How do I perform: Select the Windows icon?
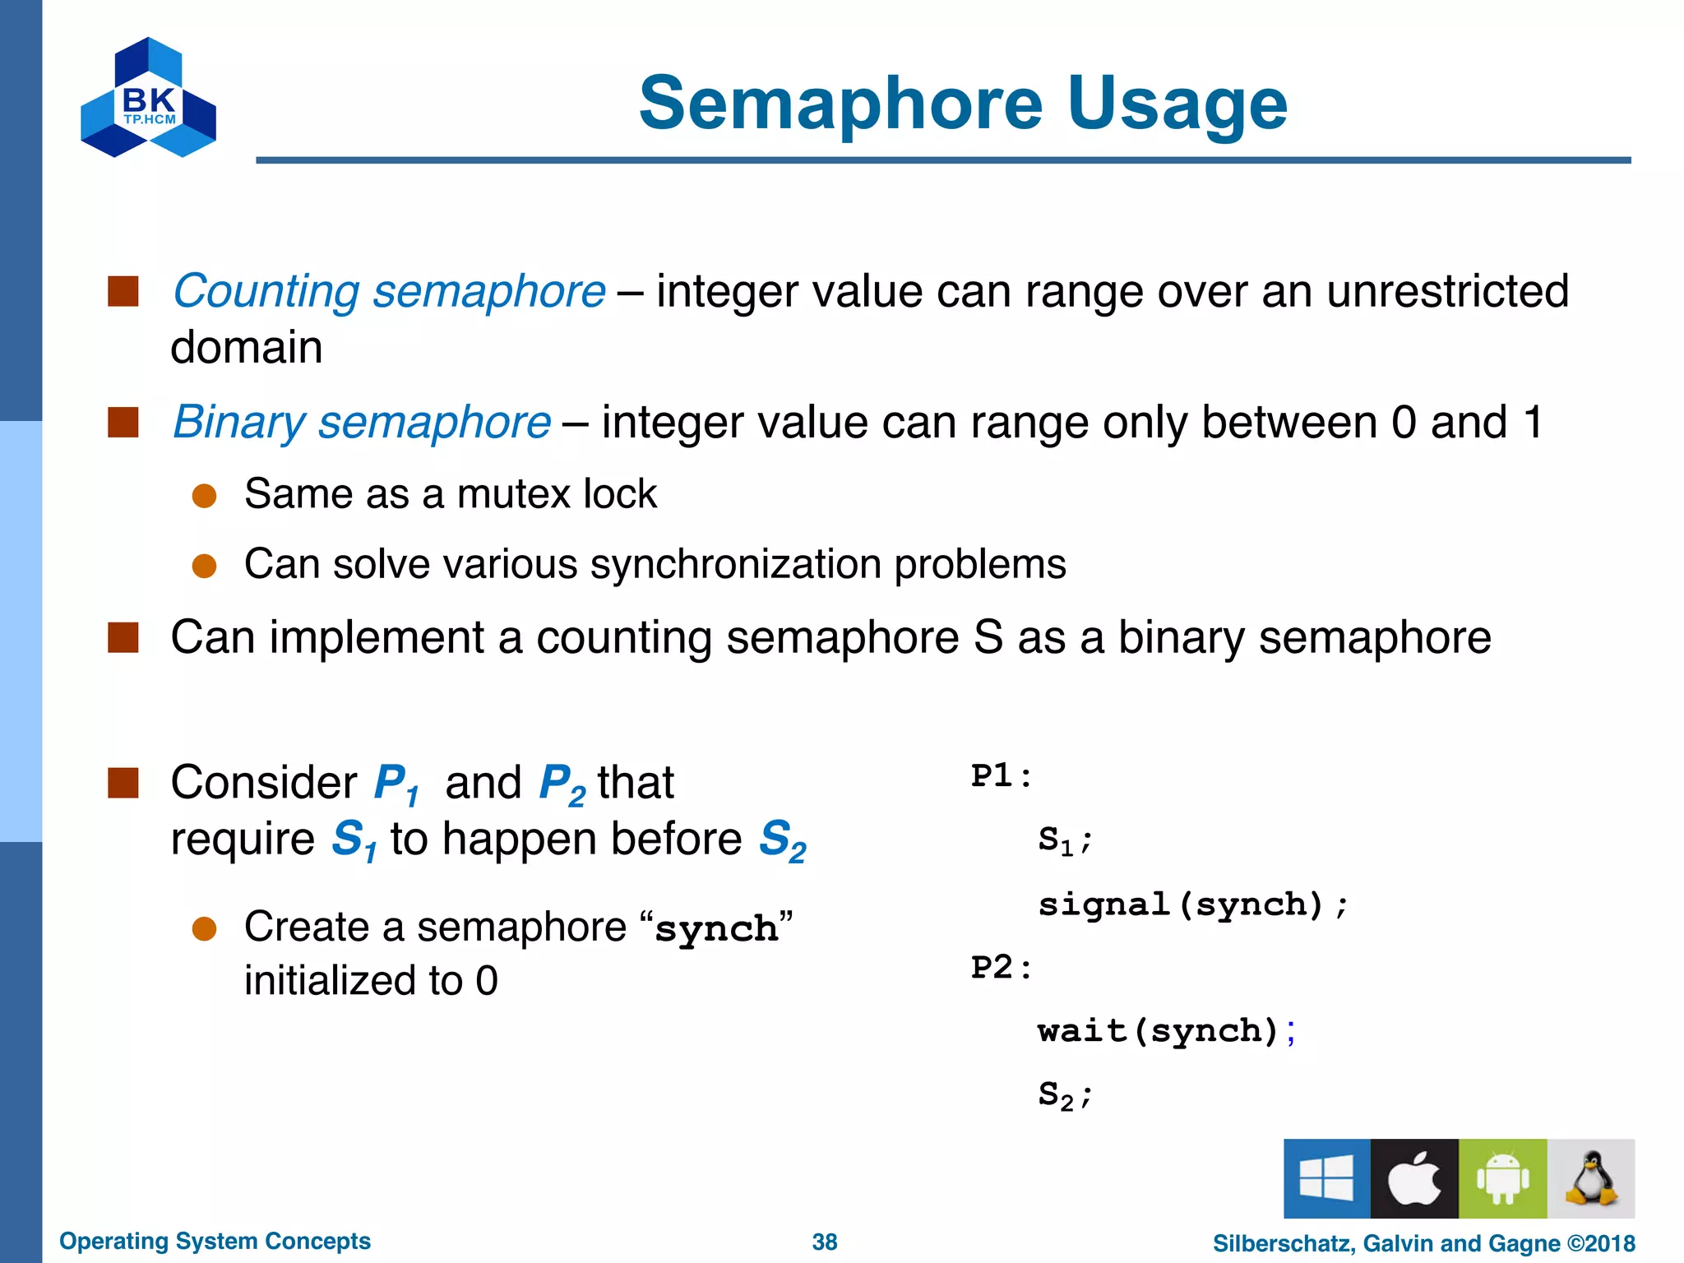click(x=1326, y=1177)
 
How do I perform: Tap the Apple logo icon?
click(x=1414, y=1177)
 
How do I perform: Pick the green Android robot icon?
click(x=1502, y=1177)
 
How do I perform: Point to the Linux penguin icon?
click(x=1591, y=1177)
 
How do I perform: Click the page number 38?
click(x=824, y=1242)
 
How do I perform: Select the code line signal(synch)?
click(x=1192, y=904)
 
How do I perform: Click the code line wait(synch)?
click(x=1166, y=1031)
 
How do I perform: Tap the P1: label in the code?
click(x=1001, y=776)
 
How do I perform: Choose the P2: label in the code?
click(x=1001, y=967)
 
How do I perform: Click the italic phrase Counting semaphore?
click(x=389, y=292)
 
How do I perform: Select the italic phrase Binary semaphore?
click(x=362, y=423)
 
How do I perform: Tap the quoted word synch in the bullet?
click(x=715, y=929)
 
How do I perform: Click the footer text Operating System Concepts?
click(x=215, y=1241)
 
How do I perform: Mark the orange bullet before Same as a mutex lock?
click(x=204, y=495)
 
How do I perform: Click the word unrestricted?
click(x=1447, y=292)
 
